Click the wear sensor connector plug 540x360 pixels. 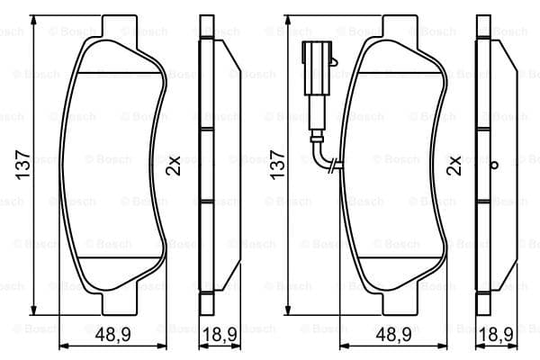coord(317,67)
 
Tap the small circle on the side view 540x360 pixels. coord(494,165)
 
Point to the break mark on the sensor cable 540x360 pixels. coord(333,166)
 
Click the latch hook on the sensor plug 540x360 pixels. coord(334,61)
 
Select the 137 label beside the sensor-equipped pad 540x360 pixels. coord(277,165)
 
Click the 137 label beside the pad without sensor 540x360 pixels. coord(23,165)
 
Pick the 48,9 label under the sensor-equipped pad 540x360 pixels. coord(393,334)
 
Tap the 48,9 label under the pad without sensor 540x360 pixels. coord(112,334)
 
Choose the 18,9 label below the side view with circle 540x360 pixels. coord(496,334)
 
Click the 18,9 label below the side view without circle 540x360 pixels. coord(220,334)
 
